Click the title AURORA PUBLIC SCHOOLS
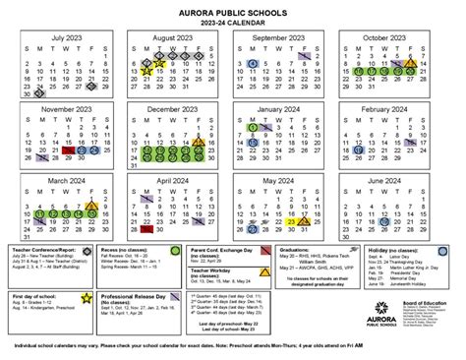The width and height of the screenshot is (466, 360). [232, 8]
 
